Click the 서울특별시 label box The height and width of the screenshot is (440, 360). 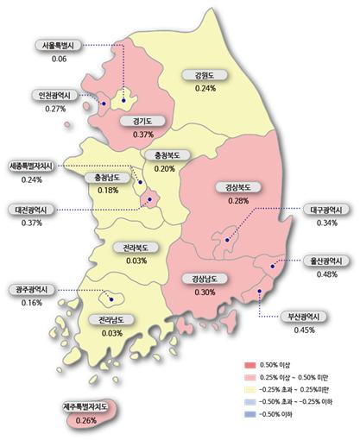60,46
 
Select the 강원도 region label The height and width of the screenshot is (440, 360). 205,76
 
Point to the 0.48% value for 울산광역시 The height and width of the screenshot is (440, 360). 326,274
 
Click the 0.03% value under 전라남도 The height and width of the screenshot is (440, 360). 111,332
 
